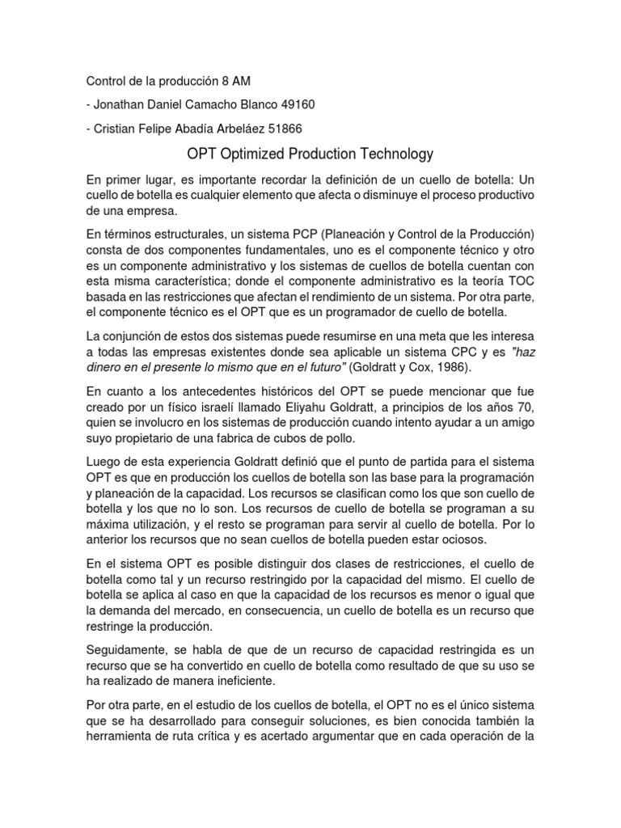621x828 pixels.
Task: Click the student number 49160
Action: pos(298,104)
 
